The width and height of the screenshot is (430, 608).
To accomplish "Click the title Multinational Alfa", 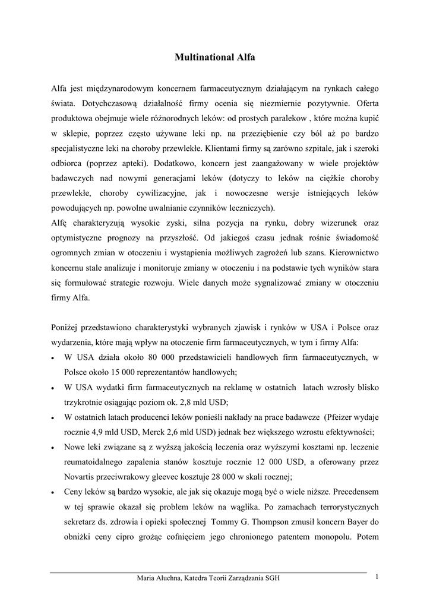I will (x=215, y=58).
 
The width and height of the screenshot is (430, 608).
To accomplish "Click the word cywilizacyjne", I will (x=162, y=193).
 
